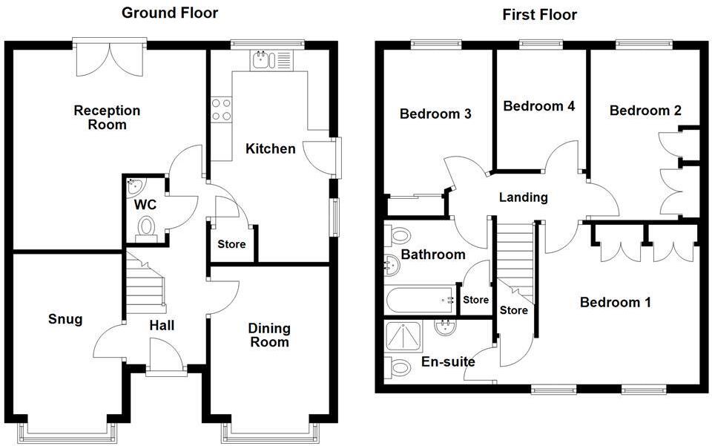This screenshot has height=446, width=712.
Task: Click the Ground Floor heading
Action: [x=170, y=13]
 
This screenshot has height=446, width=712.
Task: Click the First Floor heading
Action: [x=539, y=14]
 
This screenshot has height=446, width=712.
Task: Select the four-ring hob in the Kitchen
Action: [x=220, y=109]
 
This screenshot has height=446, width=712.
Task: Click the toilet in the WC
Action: [x=146, y=227]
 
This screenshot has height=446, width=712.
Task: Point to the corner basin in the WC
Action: [x=134, y=185]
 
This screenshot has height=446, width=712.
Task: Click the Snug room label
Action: [x=65, y=319]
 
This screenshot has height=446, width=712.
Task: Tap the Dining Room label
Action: [x=269, y=335]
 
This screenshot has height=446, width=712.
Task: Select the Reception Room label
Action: [x=107, y=117]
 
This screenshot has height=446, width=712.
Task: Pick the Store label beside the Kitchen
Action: [x=231, y=244]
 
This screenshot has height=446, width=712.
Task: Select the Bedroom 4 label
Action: [x=539, y=106]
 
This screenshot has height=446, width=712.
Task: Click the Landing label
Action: [x=523, y=197]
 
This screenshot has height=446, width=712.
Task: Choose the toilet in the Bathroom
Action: [x=398, y=237]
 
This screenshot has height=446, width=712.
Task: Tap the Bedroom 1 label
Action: [x=615, y=302]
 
